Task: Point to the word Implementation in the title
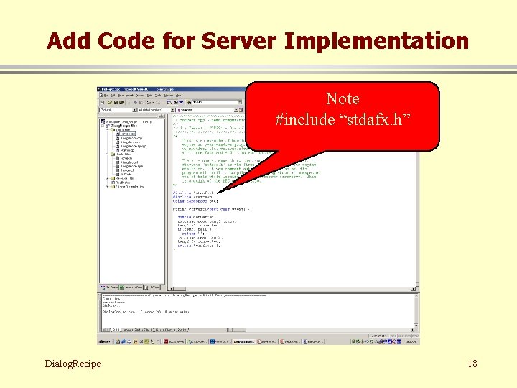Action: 377,41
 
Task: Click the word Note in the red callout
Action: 343,99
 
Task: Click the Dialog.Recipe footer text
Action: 72,364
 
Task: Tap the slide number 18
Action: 472,364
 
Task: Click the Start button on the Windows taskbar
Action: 104,341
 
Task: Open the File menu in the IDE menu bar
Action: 106,96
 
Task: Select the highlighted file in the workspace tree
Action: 128,134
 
